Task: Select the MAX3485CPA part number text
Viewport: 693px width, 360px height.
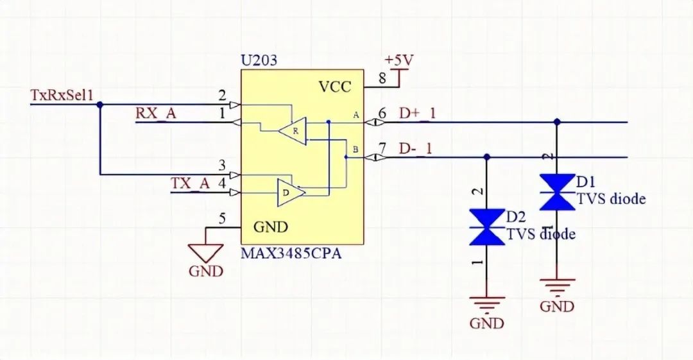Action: pos(291,253)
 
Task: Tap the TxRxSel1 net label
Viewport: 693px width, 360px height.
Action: pos(63,95)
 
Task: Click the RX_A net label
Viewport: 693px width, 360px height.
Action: pos(155,113)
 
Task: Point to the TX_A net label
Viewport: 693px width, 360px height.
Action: pos(190,184)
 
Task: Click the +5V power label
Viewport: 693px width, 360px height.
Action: pos(398,60)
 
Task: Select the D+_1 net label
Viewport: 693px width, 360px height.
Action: pos(417,114)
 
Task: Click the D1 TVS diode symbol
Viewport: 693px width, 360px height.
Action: pos(556,191)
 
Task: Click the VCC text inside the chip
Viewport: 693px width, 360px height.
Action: pos(335,87)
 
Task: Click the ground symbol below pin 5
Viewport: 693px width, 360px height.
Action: pos(206,252)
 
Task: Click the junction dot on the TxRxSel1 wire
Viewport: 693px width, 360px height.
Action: pos(99,105)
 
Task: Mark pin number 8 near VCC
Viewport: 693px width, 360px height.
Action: pos(382,79)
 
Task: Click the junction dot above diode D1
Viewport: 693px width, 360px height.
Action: pos(556,122)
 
